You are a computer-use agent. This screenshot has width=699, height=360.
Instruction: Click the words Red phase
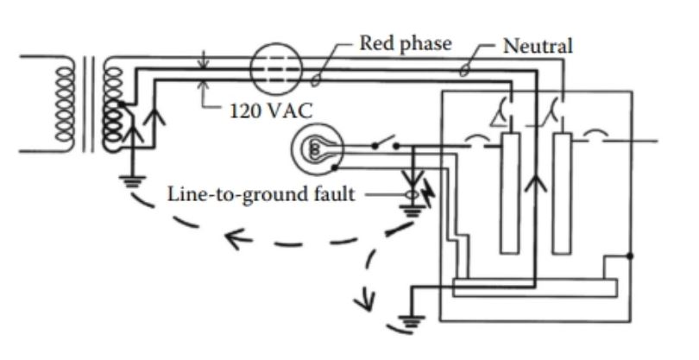click(405, 44)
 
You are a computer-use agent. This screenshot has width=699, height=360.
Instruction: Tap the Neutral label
click(538, 46)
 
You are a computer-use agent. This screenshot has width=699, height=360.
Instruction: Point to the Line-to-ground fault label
click(261, 194)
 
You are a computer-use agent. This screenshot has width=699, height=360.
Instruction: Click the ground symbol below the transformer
click(132, 181)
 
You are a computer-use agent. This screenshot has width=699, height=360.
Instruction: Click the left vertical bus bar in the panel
click(509, 193)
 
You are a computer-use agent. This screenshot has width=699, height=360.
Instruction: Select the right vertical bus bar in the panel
click(563, 193)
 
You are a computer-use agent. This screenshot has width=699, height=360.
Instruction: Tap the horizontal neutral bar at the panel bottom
click(535, 287)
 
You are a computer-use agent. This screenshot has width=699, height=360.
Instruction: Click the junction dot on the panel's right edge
click(632, 256)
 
